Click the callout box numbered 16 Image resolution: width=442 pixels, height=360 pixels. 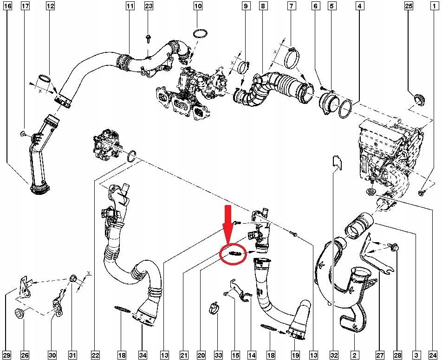[8, 6]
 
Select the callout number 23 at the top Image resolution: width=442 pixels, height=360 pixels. [149, 6]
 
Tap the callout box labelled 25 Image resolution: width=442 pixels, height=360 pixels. [409, 6]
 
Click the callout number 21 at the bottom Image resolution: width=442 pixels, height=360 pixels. [184, 355]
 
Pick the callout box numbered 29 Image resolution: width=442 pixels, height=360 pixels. [8, 355]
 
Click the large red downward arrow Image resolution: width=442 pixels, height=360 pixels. [227, 224]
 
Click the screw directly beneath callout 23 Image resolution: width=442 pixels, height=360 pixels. [148, 39]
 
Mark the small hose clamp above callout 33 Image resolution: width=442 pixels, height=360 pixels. [215, 309]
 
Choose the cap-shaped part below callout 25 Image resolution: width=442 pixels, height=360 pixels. [419, 100]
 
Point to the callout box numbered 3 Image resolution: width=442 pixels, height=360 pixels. [416, 355]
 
